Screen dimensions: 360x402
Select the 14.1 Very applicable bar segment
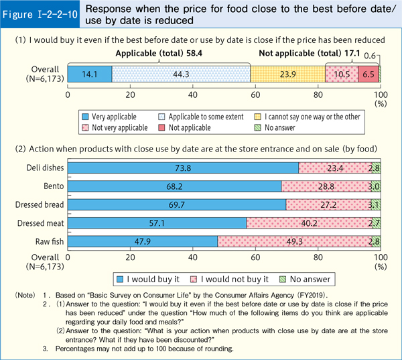[90, 74]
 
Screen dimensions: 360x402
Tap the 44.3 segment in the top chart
[181, 74]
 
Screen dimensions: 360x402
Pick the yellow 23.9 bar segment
[287, 74]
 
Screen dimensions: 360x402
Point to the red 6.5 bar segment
[368, 74]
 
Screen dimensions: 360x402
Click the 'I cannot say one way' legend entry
[327, 116]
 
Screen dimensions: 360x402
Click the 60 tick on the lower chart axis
[255, 257]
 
